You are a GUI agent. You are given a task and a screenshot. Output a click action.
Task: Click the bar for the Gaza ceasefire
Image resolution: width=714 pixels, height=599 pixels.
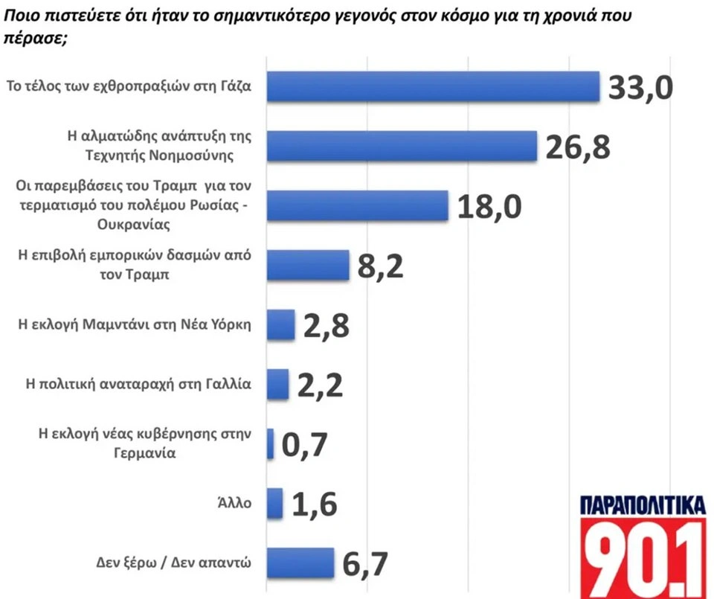pyautogui.click(x=433, y=86)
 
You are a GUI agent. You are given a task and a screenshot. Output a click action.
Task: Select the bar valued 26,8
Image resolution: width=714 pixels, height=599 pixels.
pyautogui.click(x=402, y=145)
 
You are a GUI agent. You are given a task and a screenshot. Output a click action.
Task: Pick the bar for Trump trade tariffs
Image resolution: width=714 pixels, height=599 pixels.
pyautogui.click(x=307, y=264)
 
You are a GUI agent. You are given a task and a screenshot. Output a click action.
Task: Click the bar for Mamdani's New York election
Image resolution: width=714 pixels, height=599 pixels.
pyautogui.click(x=280, y=324)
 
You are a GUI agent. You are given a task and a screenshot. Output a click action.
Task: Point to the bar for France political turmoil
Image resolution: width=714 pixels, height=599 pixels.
pyautogui.click(x=277, y=384)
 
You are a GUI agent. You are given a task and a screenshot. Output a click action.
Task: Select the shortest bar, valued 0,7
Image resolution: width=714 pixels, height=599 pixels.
pyautogui.click(x=270, y=443)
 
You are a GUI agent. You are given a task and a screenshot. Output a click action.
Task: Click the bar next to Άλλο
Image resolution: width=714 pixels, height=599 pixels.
pyautogui.click(x=274, y=503)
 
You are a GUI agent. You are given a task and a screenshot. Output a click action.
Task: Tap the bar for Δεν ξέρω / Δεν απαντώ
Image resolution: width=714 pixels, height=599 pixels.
pyautogui.click(x=300, y=563)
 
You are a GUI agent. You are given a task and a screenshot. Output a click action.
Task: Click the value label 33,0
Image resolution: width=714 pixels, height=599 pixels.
pyautogui.click(x=640, y=87)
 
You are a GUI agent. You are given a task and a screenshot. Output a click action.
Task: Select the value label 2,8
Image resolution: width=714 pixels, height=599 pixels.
pyautogui.click(x=325, y=325)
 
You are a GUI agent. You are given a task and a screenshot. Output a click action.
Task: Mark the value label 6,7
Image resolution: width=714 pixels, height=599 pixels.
pyautogui.click(x=366, y=563)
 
